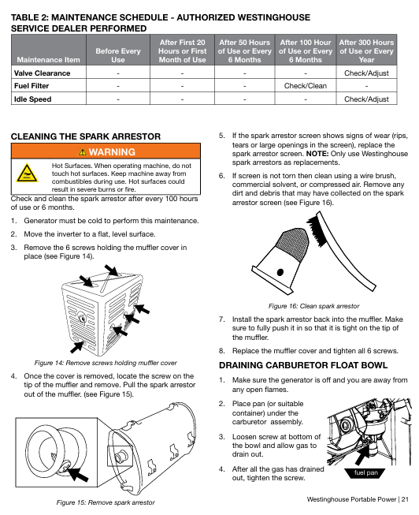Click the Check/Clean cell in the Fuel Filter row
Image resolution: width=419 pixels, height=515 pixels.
pos(305,86)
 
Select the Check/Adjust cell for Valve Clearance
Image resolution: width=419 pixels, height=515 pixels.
pos(366,73)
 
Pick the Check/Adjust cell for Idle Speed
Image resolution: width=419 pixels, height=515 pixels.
pos(366,99)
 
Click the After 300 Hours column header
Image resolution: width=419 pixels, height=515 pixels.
pos(366,51)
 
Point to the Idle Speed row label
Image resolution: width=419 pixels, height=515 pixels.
pos(32,99)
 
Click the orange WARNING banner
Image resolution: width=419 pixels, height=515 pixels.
pos(106,151)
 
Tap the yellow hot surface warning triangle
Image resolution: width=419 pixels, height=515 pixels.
pos(27,173)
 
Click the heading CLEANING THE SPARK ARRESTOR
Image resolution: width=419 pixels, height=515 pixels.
pos(86,136)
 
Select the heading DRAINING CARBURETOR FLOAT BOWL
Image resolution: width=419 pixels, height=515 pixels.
pos(303,365)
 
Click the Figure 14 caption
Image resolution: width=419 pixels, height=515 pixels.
pos(106,363)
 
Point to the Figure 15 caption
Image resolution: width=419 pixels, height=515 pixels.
pos(106,502)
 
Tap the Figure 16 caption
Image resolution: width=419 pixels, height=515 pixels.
pos(313,306)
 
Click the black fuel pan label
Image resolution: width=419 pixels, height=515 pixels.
pos(366,472)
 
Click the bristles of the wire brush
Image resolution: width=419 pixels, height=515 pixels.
pos(317,230)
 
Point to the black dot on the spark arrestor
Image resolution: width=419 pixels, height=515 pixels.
pos(280,272)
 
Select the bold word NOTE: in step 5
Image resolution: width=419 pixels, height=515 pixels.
pos(317,154)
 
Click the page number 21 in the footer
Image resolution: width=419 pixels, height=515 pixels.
pos(405,499)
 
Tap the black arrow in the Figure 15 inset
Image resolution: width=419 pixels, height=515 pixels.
pos(77,474)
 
